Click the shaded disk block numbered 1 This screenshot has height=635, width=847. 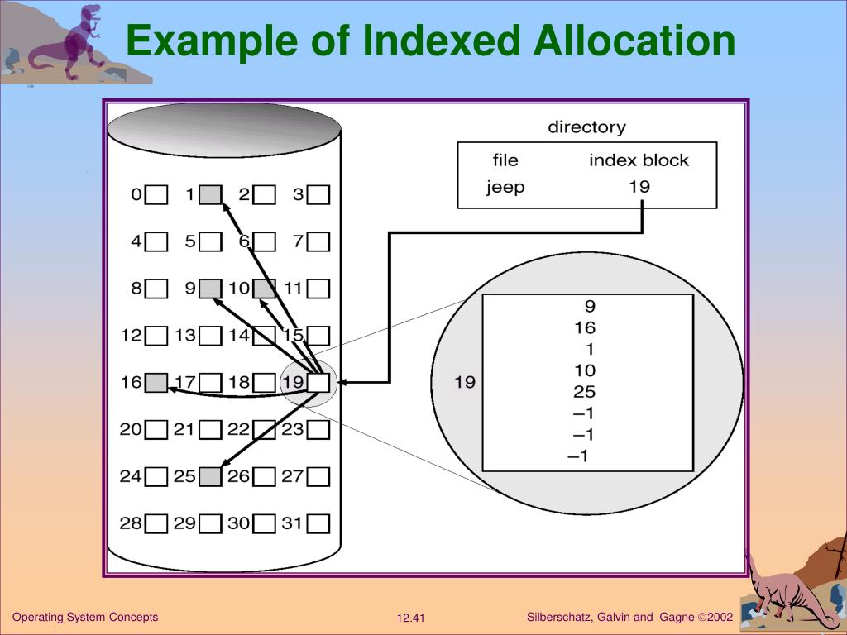pos(211,195)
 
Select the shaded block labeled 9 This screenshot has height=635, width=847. pos(211,289)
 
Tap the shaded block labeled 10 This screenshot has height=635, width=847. pos(265,289)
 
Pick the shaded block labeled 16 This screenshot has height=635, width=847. pos(156,383)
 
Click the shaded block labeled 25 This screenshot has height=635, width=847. pos(211,477)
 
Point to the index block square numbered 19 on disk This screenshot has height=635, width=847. pos(318,383)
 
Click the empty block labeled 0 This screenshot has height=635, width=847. pos(156,195)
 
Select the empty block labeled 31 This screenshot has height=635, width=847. pos(318,524)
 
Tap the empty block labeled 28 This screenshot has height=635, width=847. pos(156,524)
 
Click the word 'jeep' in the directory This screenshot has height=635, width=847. pos(505,187)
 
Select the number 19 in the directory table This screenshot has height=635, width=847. pos(639,186)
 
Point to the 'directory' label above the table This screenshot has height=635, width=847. pos(586,127)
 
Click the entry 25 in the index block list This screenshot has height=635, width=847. pos(584,392)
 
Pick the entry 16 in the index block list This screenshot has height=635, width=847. pos(584,327)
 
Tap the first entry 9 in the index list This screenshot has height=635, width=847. pos(589,306)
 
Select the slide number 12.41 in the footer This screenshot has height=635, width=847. pos(410,618)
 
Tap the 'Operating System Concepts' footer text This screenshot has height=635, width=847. pos(85,618)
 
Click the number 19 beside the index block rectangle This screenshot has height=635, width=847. pos(465,382)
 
